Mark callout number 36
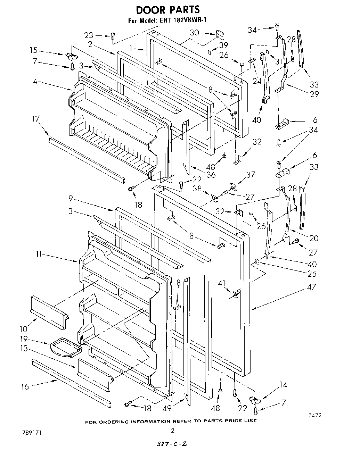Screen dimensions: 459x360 click(x=211, y=175)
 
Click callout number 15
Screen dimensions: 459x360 click(x=34, y=50)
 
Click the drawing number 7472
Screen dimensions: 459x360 click(x=314, y=415)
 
